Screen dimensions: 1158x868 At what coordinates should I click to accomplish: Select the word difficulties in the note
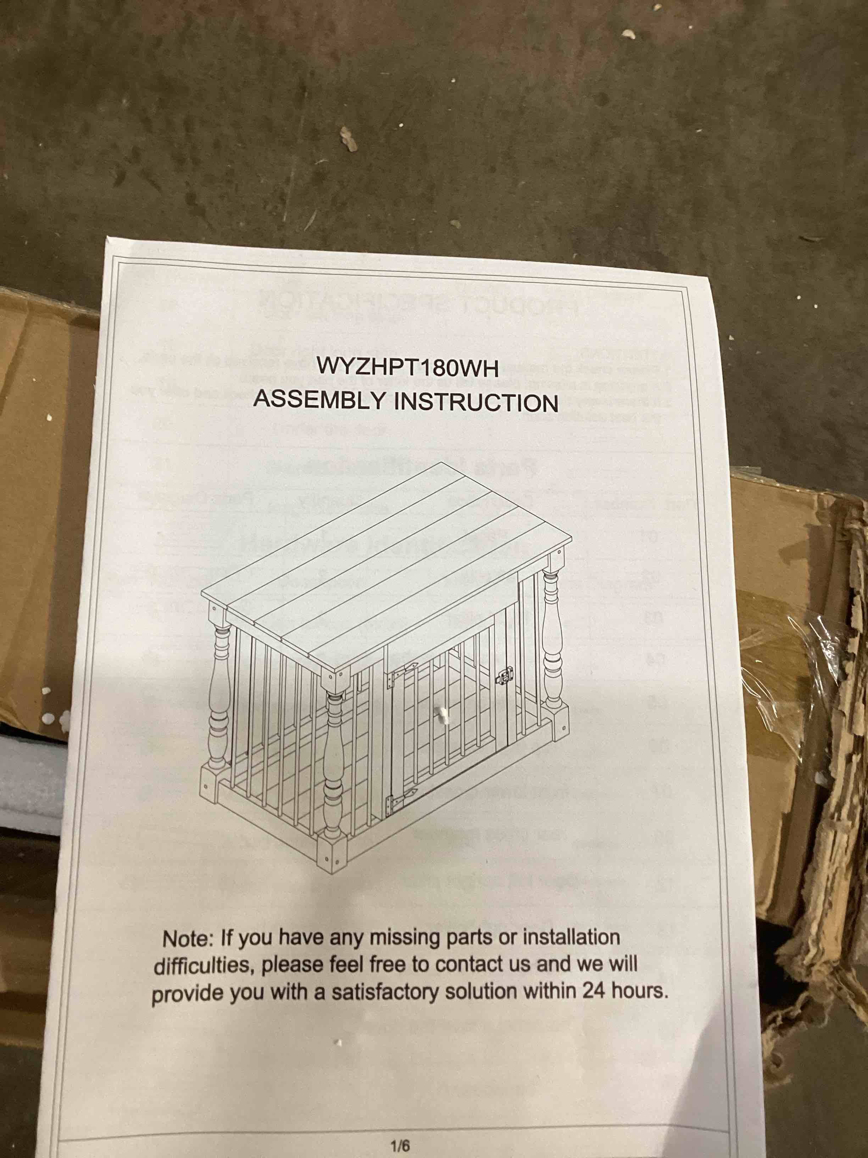tap(203, 965)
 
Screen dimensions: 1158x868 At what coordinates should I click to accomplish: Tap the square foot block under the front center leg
tap(332, 851)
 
